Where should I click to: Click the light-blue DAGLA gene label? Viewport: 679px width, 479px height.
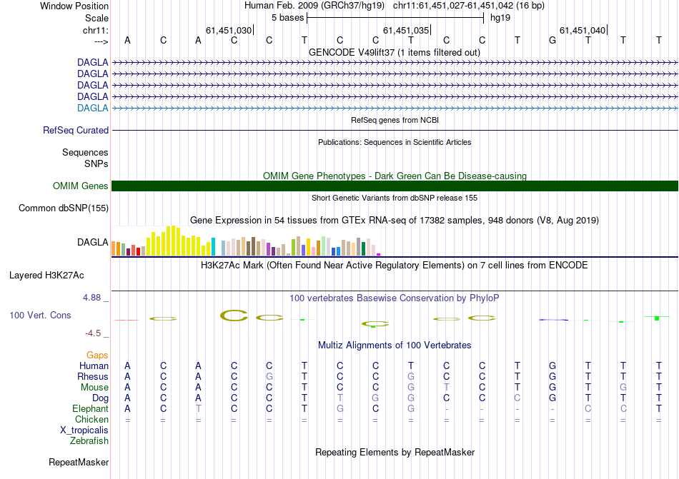pos(93,108)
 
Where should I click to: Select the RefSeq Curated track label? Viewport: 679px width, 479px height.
pos(76,131)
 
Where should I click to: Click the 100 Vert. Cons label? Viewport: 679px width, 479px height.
pos(40,315)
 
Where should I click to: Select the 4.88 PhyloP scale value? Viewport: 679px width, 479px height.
pos(96,298)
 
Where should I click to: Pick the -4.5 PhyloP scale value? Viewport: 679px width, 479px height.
pos(96,333)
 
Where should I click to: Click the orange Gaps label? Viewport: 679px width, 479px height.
pos(97,355)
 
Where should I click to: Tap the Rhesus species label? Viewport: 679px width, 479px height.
pos(94,377)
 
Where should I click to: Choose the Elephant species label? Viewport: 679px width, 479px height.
pos(90,409)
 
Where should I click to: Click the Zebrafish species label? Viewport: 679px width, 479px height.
pos(89,441)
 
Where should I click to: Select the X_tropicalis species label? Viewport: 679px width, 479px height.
pos(84,430)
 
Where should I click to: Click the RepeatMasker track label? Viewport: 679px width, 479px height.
pos(79,463)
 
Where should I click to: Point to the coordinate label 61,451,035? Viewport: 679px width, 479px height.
pos(406,31)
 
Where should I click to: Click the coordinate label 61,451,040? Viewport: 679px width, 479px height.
pos(583,31)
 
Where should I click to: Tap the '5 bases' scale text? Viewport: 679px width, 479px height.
pos(287,18)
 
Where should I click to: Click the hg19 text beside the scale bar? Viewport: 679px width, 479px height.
pos(500,18)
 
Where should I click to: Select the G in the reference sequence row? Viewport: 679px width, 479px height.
pos(552,41)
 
